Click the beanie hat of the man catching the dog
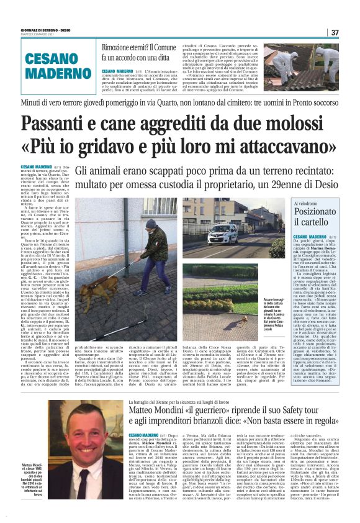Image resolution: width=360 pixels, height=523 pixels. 151,224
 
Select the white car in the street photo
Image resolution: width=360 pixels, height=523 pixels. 223,234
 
